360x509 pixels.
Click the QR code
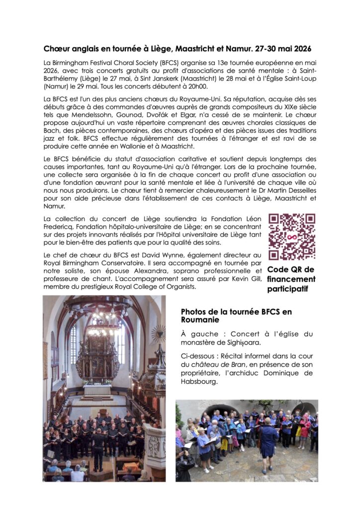point(292,237)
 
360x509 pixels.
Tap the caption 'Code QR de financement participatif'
point(291,279)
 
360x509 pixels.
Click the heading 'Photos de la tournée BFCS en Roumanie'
point(236,316)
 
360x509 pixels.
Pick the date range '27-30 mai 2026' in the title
point(287,49)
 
